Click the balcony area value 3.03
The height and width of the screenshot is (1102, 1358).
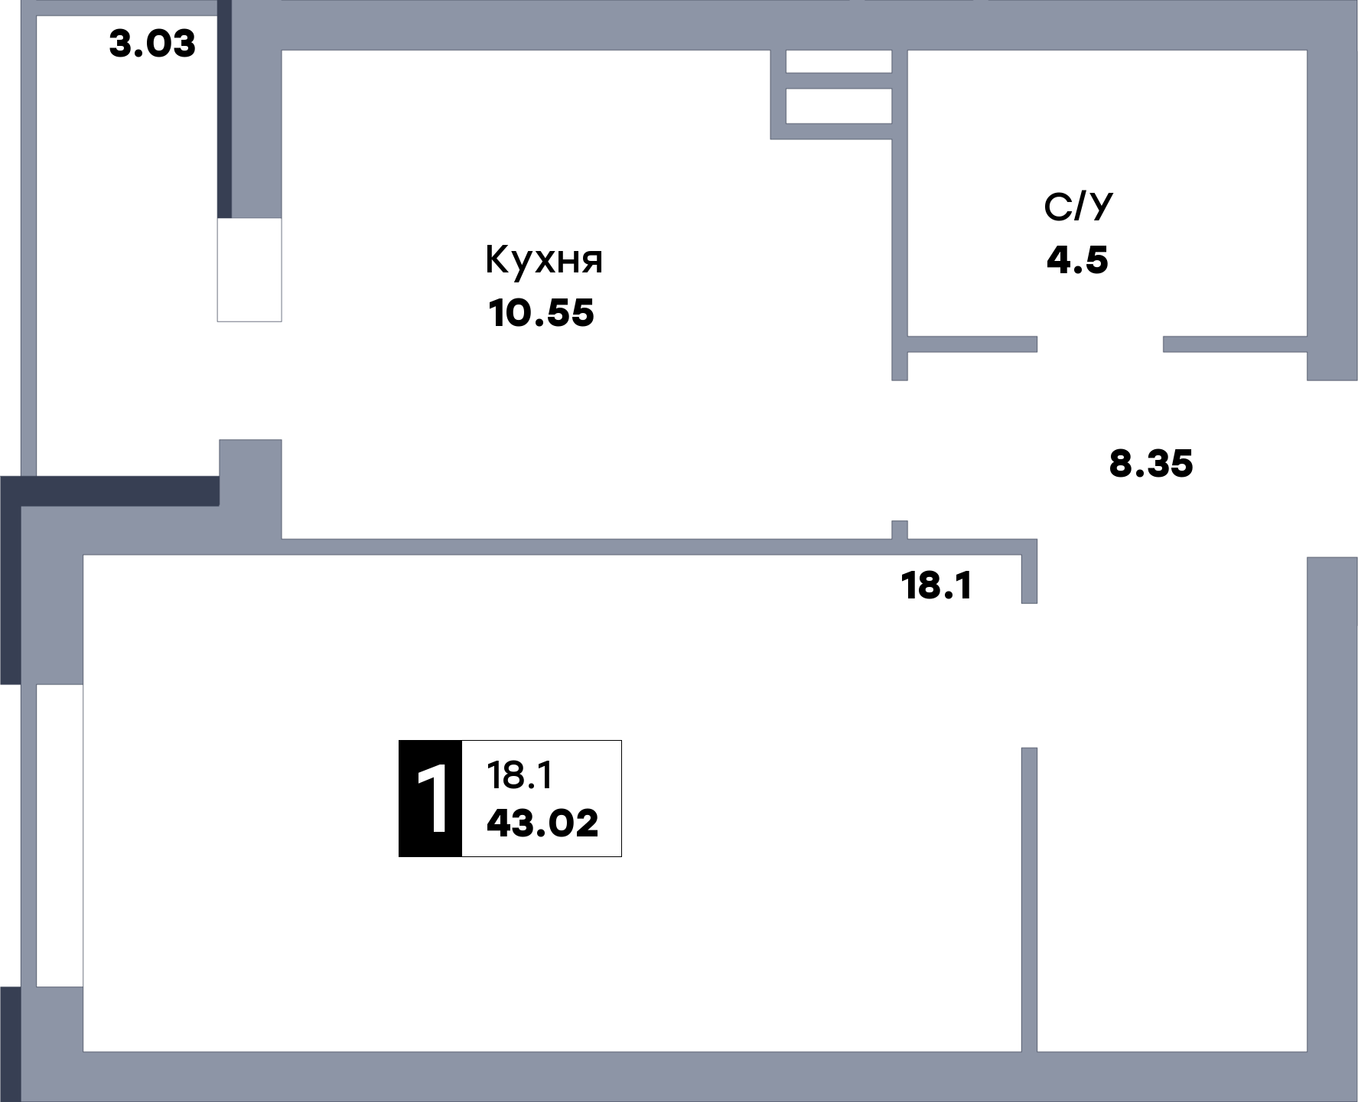point(152,44)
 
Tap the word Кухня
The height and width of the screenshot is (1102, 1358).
point(544,261)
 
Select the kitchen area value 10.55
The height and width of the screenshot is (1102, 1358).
point(541,313)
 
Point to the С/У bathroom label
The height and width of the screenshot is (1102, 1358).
point(1078,207)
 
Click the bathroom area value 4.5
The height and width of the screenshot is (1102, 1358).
point(1077,260)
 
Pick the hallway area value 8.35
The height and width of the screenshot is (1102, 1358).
point(1151,464)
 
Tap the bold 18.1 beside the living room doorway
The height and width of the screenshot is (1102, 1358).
point(936,586)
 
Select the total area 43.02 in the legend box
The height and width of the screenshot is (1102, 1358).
point(542,823)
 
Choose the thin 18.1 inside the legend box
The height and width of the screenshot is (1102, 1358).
point(519,775)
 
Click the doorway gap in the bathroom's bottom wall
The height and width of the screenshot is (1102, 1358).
point(1100,344)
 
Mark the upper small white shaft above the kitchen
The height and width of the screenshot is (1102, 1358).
point(839,61)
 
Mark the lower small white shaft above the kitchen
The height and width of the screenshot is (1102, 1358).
point(839,106)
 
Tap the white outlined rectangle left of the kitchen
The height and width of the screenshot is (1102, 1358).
point(249,269)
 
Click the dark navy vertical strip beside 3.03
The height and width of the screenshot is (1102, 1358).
point(224,109)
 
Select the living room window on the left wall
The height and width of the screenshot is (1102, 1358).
point(59,836)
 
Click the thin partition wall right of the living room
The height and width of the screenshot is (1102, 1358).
point(1029,899)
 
